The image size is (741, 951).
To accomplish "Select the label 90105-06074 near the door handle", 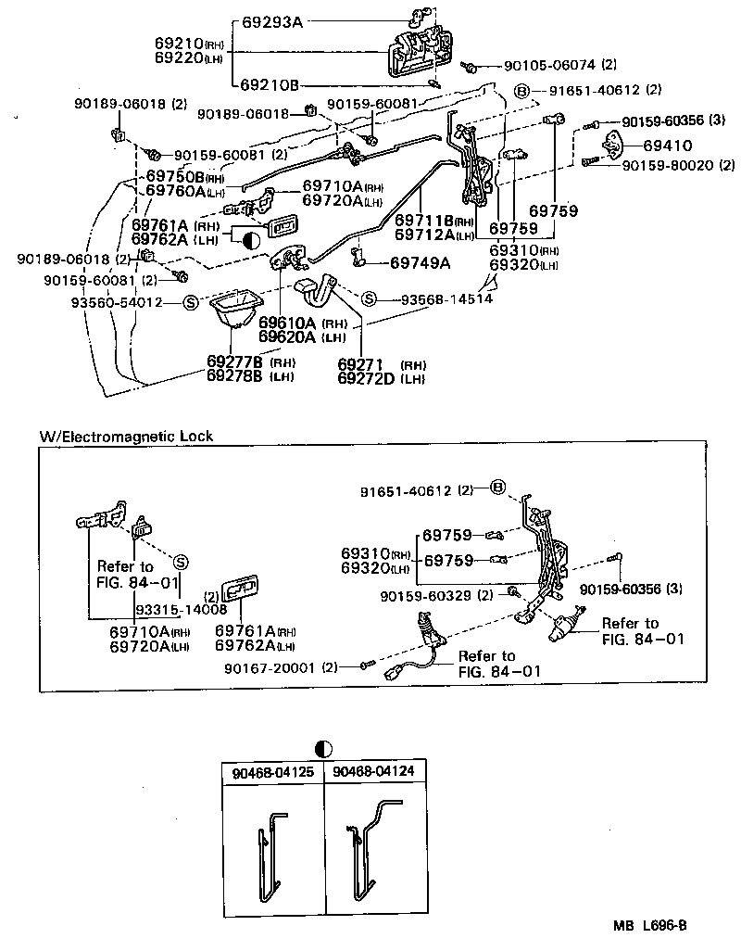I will click(550, 66).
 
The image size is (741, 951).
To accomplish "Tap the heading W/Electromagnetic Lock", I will click(126, 436).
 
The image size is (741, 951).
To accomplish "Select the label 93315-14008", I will click(181, 609).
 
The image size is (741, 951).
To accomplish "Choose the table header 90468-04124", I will click(373, 771).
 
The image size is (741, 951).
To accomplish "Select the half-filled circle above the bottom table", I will click(322, 747).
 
